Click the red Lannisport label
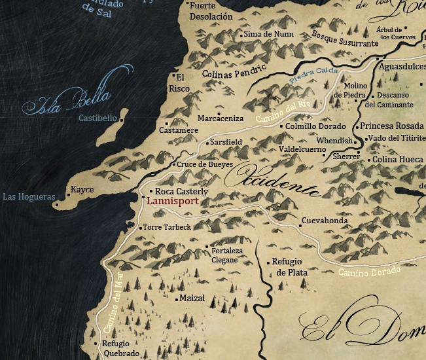tap(172, 202)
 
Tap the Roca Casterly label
tap(181, 191)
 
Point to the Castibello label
tap(98, 118)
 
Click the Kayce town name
tap(82, 190)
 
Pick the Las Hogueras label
tap(28, 196)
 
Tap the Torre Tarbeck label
tap(167, 227)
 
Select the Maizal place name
tap(192, 298)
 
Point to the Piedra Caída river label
tap(313, 75)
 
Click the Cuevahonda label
tap(325, 221)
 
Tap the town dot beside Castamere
tap(167, 123)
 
